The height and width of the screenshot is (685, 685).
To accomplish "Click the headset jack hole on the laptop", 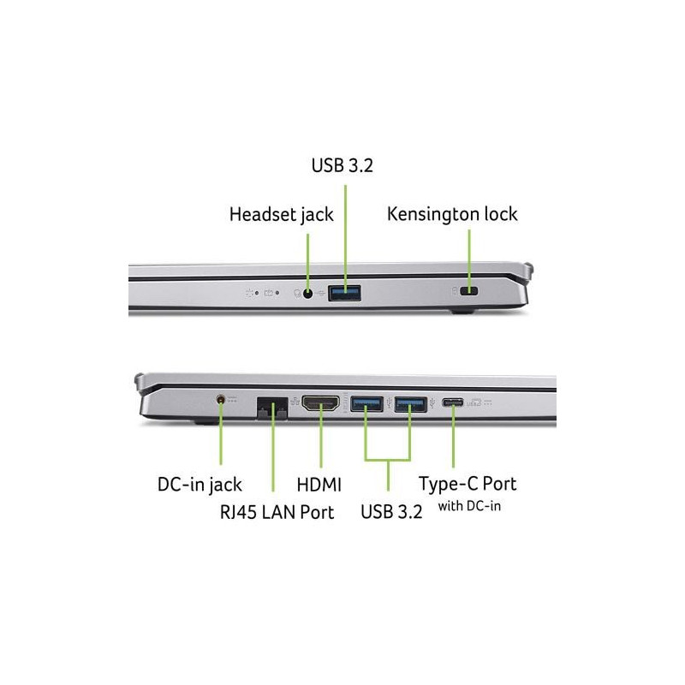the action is (x=308, y=294).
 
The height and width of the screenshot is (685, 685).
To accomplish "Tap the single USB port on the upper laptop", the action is (x=345, y=293).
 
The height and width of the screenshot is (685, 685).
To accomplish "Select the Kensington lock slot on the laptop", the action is (x=469, y=291).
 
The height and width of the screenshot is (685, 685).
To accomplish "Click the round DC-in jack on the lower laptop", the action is (x=221, y=399).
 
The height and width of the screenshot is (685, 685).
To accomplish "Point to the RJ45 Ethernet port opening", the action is (x=272, y=408).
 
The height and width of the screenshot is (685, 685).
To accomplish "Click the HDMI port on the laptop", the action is (x=321, y=403).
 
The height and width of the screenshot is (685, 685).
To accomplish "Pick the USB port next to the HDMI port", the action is (x=367, y=403).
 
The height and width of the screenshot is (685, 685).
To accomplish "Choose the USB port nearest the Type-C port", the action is (x=411, y=403).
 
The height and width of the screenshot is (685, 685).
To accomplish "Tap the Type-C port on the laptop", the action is (x=453, y=402).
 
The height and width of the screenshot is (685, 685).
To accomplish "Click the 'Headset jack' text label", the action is (x=282, y=215).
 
